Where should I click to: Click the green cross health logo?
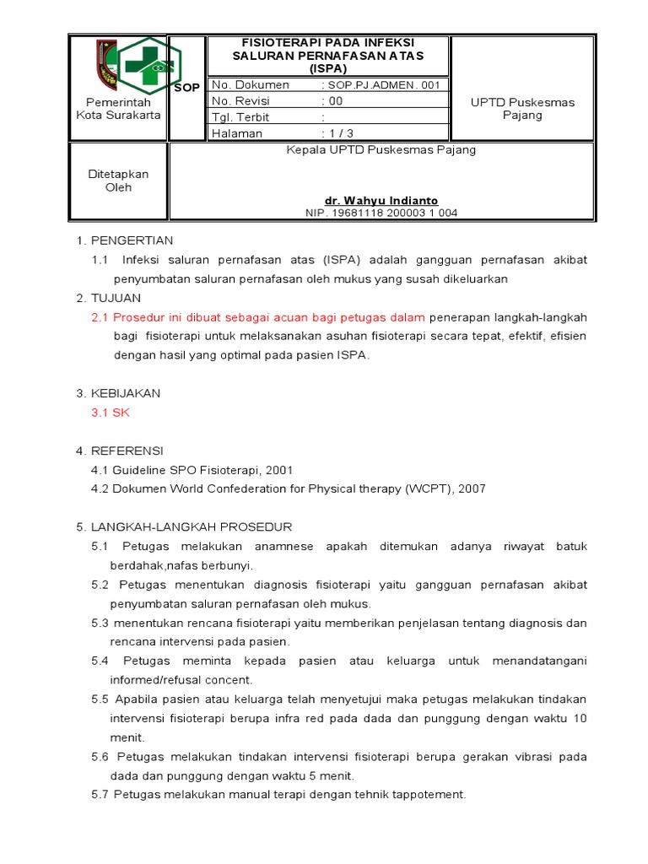click(149, 66)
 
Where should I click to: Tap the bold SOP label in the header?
click(187, 88)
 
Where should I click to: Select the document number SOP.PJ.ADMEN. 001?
click(383, 85)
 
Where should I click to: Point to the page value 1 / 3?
click(338, 133)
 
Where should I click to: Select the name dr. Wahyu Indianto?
click(381, 201)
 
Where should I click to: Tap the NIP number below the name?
click(381, 213)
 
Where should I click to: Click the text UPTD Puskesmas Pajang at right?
click(522, 109)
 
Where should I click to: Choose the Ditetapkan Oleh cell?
click(119, 181)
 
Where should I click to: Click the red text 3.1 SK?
click(111, 413)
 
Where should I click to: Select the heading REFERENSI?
click(127, 451)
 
